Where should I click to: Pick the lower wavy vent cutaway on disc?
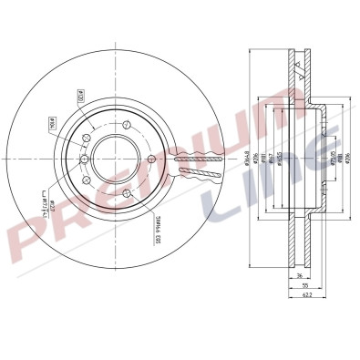point(201,169)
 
